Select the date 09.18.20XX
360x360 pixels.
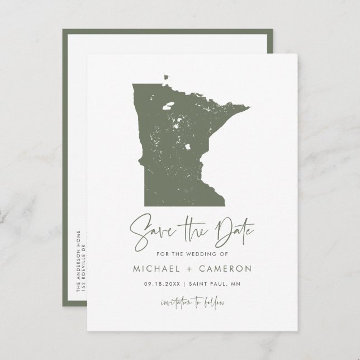coord(162,284)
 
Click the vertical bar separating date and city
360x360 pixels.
coord(187,284)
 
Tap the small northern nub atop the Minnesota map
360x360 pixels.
coord(165,77)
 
